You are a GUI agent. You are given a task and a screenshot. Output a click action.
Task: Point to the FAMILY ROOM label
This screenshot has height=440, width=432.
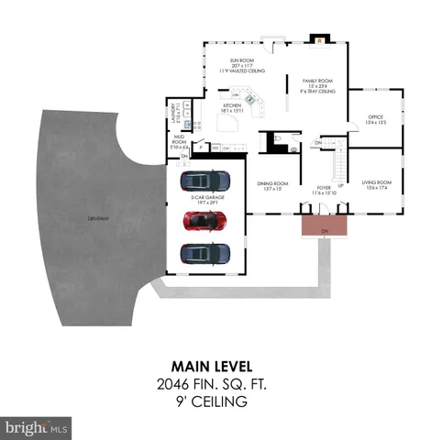point(316,81)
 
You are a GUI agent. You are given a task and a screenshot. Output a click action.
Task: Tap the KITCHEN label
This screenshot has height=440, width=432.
point(232,105)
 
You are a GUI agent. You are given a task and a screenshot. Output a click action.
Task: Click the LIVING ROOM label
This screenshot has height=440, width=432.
point(376,182)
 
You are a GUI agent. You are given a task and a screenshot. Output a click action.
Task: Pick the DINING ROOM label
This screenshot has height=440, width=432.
point(273,183)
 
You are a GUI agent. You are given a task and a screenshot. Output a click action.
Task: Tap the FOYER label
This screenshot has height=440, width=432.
point(324,188)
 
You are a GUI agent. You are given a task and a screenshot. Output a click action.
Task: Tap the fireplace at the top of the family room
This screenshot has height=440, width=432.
point(320,39)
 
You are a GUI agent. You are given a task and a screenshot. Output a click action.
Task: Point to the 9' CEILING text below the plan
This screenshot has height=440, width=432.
point(216,401)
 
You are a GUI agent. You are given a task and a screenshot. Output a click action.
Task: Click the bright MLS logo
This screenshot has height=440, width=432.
point(37,427)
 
